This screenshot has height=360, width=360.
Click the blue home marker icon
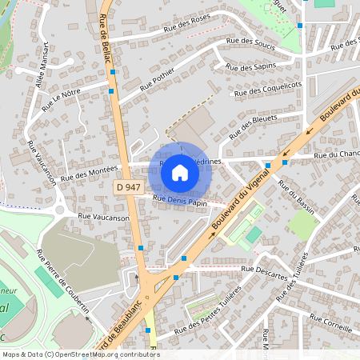pyautogui.click(x=180, y=172)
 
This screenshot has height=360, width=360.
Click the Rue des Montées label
pyautogui.click(x=89, y=172)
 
